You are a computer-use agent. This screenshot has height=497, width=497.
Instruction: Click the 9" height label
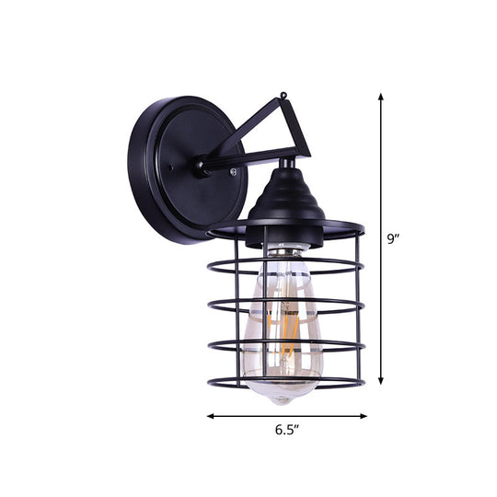click(x=393, y=239)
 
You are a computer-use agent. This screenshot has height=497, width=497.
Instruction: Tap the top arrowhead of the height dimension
click(x=379, y=95)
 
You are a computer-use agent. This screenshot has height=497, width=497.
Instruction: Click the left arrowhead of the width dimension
click(x=211, y=390)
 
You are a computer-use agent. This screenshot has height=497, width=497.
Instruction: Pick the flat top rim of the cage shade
click(x=285, y=228)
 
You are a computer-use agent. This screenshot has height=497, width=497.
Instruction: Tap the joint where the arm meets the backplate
click(x=201, y=167)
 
